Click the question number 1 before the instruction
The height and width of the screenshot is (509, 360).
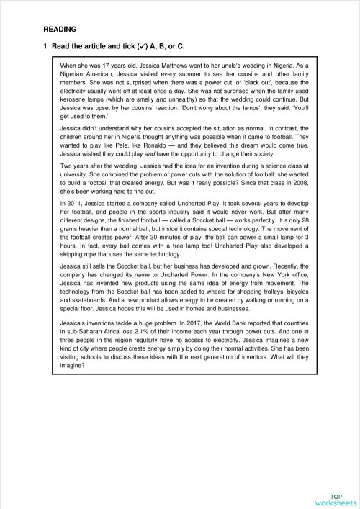click(x=45, y=47)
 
